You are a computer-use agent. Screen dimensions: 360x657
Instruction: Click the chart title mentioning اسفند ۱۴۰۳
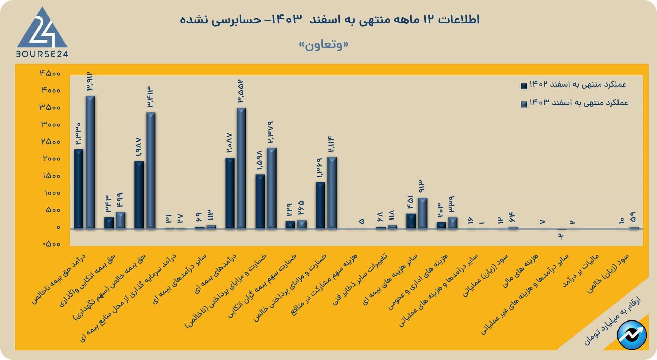click(330, 20)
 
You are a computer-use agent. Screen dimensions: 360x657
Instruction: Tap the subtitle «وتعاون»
click(323, 45)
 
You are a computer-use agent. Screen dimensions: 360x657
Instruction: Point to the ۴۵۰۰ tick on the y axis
click(50, 73)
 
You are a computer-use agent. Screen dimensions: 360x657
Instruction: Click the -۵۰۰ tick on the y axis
click(52, 244)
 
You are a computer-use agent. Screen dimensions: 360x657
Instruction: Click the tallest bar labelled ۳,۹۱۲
click(90, 162)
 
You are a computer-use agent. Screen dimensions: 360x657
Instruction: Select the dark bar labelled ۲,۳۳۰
click(79, 189)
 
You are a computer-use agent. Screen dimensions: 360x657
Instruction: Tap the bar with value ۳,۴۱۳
click(151, 171)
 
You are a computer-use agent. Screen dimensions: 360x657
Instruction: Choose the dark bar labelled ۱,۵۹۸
click(260, 202)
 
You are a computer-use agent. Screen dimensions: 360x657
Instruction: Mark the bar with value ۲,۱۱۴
click(332, 193)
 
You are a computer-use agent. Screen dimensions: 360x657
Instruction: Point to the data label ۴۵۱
click(411, 202)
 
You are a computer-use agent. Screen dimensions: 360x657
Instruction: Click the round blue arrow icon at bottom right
click(632, 335)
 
